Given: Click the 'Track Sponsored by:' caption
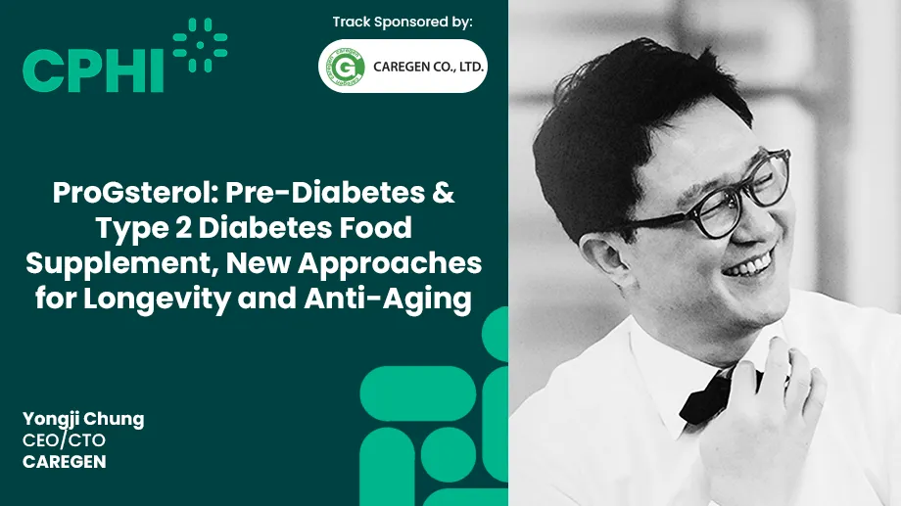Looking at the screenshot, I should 403,22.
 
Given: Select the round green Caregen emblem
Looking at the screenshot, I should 345,67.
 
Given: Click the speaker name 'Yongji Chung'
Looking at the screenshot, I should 83,419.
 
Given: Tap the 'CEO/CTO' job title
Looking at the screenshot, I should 64,440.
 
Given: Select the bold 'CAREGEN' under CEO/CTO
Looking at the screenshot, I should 64,461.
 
